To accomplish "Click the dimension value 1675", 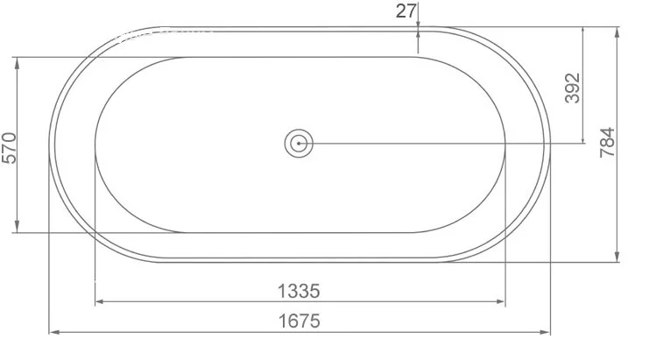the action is (x=300, y=321).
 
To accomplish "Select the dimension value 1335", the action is (x=300, y=291).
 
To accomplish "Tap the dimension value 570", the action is (x=10, y=148).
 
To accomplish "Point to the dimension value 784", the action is (x=608, y=142).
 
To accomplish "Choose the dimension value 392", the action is (x=573, y=88).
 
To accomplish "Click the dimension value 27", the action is (x=406, y=11).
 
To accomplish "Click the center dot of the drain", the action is (x=299, y=143).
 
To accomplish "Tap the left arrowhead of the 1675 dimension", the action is (x=54, y=332).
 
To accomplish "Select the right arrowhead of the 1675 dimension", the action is (x=545, y=332).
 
